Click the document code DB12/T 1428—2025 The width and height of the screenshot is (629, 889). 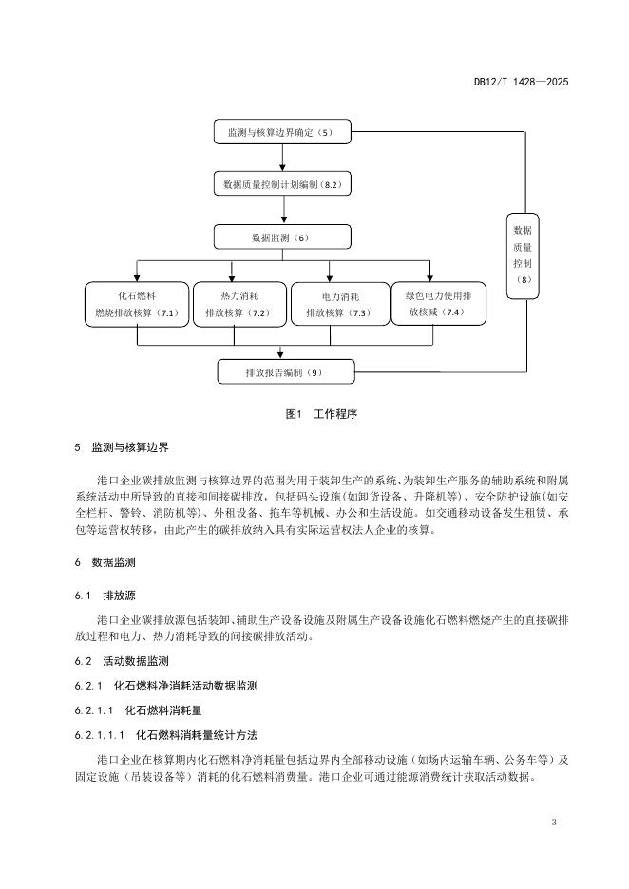(521, 83)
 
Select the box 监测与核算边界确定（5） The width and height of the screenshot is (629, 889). (282, 133)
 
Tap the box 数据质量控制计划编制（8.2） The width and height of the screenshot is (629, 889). (282, 184)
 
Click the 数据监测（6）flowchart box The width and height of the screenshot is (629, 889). (282, 236)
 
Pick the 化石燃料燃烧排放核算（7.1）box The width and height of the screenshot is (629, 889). (137, 304)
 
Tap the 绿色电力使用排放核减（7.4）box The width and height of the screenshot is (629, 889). (438, 303)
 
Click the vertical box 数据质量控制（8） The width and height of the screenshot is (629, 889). (523, 255)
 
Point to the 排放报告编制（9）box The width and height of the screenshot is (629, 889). (285, 371)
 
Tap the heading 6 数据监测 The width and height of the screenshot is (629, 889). (105, 563)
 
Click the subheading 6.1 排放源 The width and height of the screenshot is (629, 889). (105, 596)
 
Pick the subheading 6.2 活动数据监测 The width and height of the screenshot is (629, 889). (118, 661)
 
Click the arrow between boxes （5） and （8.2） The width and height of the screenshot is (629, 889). (282, 159)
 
